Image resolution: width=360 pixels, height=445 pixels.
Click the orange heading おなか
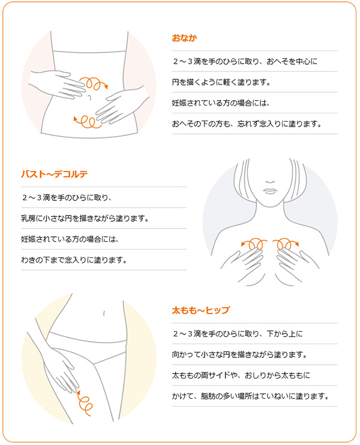pyautogui.click(x=184, y=38)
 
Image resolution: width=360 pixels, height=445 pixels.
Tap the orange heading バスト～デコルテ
pyautogui.click(x=54, y=174)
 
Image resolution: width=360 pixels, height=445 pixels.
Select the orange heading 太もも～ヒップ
pyautogui.click(x=201, y=310)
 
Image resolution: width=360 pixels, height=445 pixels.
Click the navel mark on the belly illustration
pyautogui.click(x=90, y=97)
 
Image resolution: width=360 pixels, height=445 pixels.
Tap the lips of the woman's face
pyautogui.click(x=270, y=191)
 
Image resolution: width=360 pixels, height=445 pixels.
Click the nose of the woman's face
pyautogui.click(x=270, y=181)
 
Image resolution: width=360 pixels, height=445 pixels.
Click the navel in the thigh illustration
pyautogui.click(x=104, y=313)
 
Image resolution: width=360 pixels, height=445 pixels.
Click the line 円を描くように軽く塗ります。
pyautogui.click(x=221, y=82)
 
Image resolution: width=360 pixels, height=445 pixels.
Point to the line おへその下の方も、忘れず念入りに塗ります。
pyautogui.click(x=247, y=124)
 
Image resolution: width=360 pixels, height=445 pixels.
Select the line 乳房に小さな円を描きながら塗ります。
pyautogui.click(x=85, y=218)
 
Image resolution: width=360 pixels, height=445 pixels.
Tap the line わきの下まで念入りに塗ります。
pyautogui.click(x=74, y=260)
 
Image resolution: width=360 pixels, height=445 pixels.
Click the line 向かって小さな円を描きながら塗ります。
pyautogui.click(x=239, y=354)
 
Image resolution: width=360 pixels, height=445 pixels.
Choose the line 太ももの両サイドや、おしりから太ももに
pyautogui.click(x=241, y=375)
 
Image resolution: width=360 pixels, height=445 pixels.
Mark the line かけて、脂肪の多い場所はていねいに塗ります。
pyautogui.click(x=250, y=396)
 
